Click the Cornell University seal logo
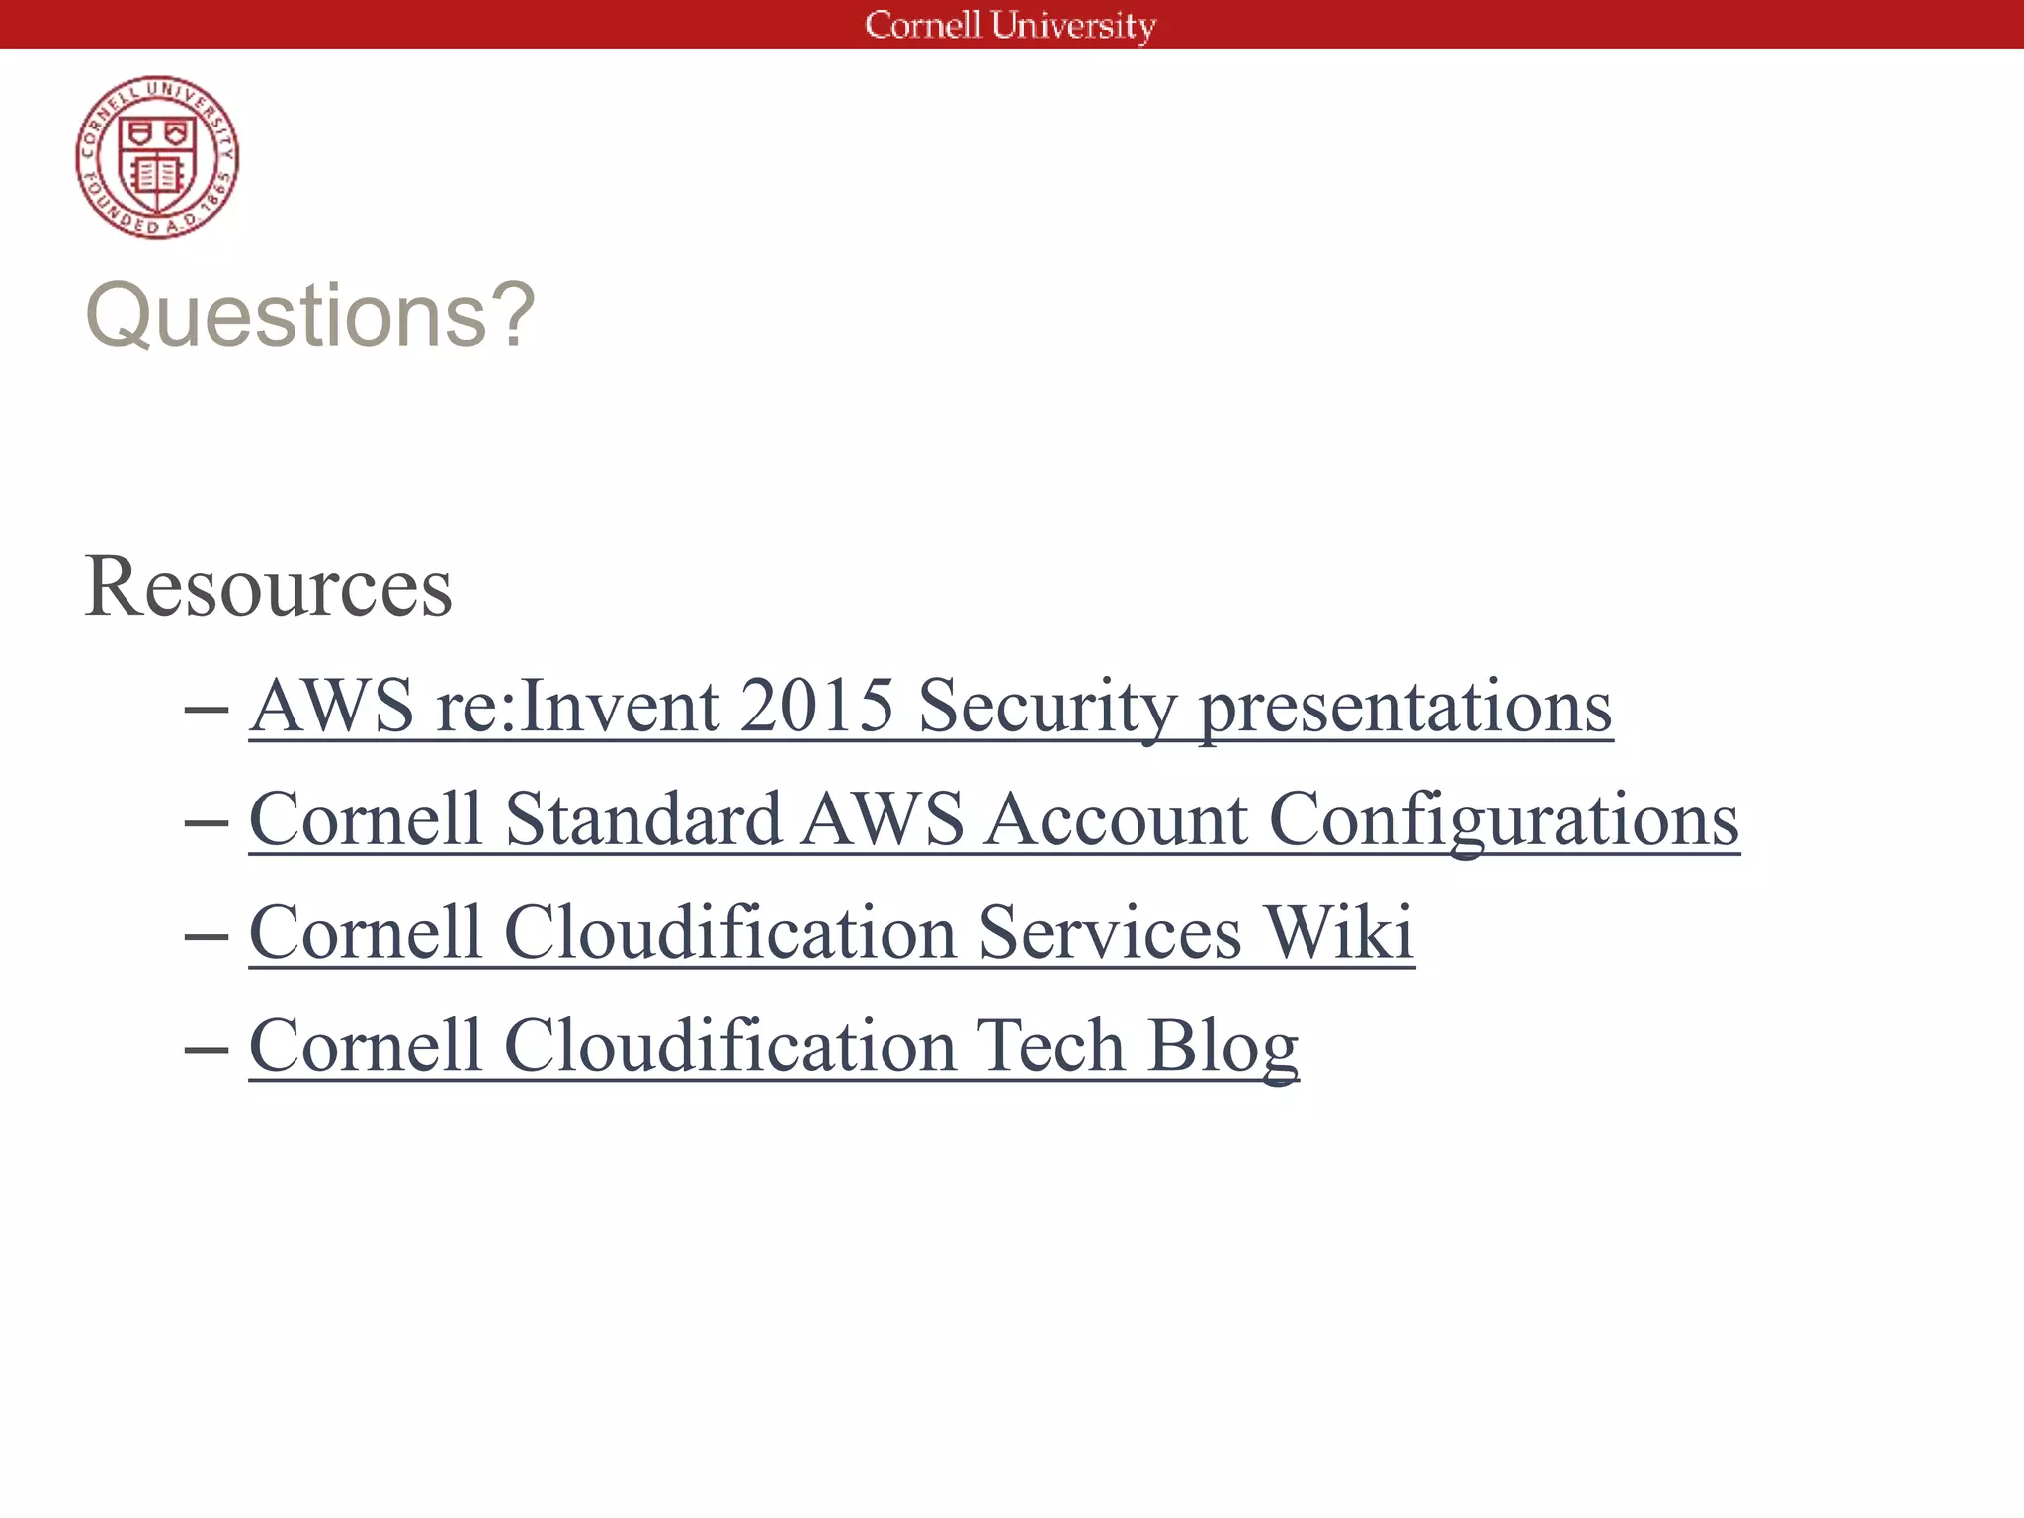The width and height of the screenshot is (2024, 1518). coord(157,157)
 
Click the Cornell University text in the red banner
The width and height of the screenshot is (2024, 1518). coord(1010,25)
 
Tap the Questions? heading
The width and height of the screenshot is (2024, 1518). coord(310,315)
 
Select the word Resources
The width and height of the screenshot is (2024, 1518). coord(268,587)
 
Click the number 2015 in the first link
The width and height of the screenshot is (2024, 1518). coord(816,706)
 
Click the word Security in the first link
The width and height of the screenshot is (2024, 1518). coord(1048,706)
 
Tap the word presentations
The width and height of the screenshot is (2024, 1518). coord(1405,706)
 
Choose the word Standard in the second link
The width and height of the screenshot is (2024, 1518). coord(643,819)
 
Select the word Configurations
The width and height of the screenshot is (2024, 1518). coord(1503,819)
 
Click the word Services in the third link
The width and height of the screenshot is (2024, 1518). coord(1110,932)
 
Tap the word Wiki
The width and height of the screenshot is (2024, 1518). coord(1339,932)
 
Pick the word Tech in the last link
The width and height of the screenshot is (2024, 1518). coord(1051,1046)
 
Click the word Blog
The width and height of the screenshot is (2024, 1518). coord(1223,1046)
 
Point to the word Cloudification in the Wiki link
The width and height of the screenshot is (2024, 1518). coord(730,932)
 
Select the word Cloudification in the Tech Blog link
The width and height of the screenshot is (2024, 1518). coord(730,1046)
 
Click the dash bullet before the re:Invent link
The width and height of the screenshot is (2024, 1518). coord(207,710)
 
